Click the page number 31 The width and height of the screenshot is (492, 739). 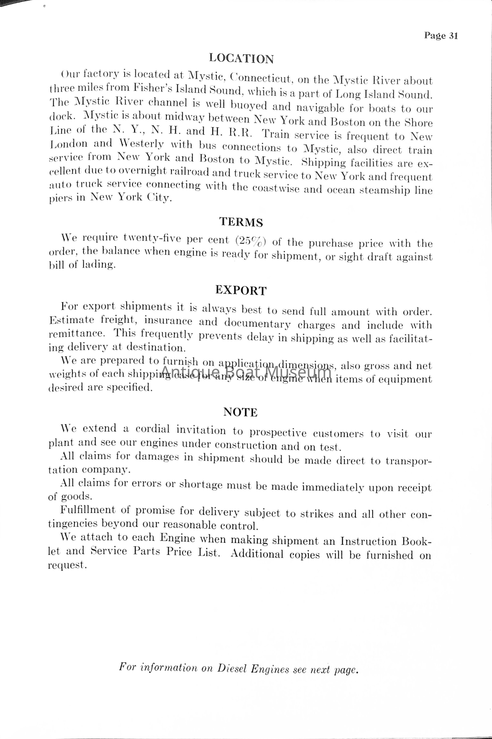click(x=453, y=36)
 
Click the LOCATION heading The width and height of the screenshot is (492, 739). click(x=241, y=59)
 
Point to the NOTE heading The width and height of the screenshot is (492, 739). click(x=240, y=412)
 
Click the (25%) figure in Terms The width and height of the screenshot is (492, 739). click(x=250, y=241)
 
